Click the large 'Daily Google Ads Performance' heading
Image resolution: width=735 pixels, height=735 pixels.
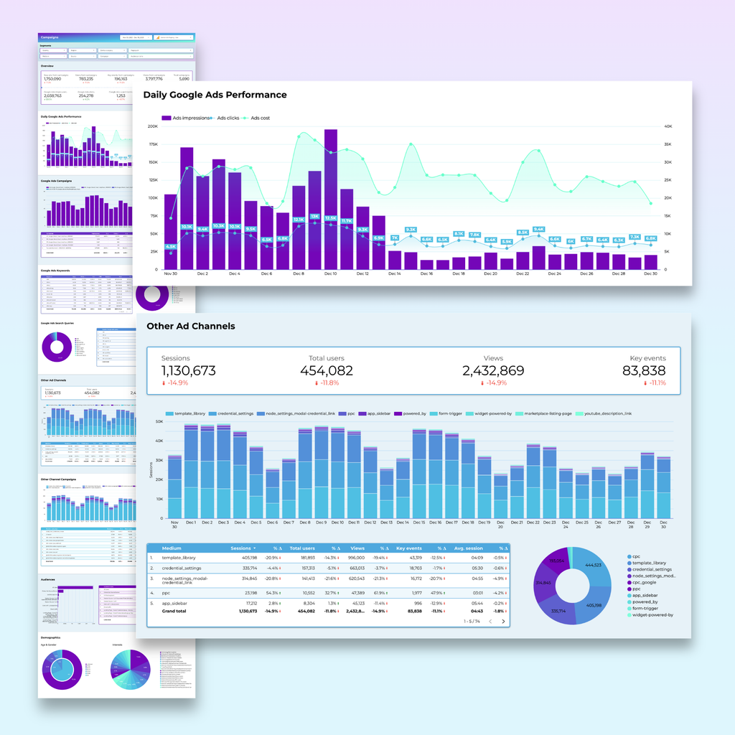pos(215,95)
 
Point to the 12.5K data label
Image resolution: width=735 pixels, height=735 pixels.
pos(331,218)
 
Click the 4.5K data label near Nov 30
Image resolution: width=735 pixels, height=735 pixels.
pos(171,247)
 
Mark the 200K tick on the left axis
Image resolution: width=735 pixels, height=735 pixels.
pos(152,126)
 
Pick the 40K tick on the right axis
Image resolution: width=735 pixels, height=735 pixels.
pos(667,126)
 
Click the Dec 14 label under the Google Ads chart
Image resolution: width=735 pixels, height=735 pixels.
pos(395,273)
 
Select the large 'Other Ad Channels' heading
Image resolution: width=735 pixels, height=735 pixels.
pos(190,326)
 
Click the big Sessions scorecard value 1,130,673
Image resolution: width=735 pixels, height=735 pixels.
pos(188,371)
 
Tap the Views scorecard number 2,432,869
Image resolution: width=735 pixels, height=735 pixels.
pos(492,371)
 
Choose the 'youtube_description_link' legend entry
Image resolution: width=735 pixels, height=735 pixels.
pos(607,413)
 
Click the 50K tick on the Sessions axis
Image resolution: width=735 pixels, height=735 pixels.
pos(159,422)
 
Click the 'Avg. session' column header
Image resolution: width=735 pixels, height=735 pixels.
pos(467,548)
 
